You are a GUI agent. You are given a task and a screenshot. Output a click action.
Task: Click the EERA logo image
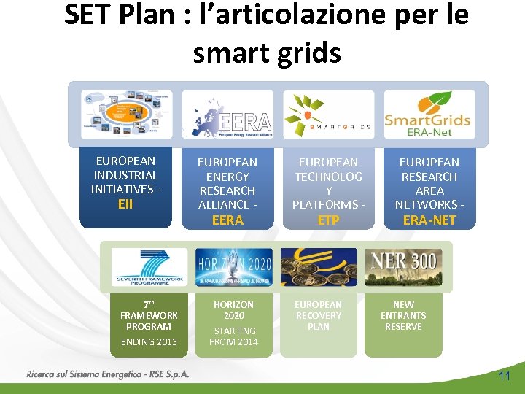pos(227,115)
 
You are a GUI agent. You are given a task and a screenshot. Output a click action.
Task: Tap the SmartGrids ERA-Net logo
pos(429,114)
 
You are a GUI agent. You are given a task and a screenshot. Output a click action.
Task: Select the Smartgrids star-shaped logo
pos(328,115)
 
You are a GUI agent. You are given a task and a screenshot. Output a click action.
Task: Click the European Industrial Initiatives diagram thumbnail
pos(126,115)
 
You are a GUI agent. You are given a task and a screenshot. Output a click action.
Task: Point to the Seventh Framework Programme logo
pos(149,267)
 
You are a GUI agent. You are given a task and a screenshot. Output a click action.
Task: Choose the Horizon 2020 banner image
pos(233,267)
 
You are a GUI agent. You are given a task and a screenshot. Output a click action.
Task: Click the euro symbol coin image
pos(319,267)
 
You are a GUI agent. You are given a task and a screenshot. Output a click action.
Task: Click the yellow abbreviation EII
pos(125,204)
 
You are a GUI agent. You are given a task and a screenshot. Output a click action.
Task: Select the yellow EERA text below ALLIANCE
pos(227,220)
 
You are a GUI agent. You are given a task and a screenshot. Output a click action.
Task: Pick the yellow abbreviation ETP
pos(328,220)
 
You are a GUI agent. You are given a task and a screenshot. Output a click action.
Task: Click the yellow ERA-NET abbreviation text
pos(429,220)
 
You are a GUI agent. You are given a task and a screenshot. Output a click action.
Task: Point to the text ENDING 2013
pos(149,341)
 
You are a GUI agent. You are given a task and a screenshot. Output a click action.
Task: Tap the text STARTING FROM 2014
pos(233,336)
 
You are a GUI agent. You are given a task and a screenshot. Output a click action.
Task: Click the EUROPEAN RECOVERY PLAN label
pos(319,315)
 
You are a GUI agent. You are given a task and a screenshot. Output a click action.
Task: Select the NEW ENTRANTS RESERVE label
pos(403,315)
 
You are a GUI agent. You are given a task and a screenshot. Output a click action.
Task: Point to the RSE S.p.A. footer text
pos(108,374)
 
